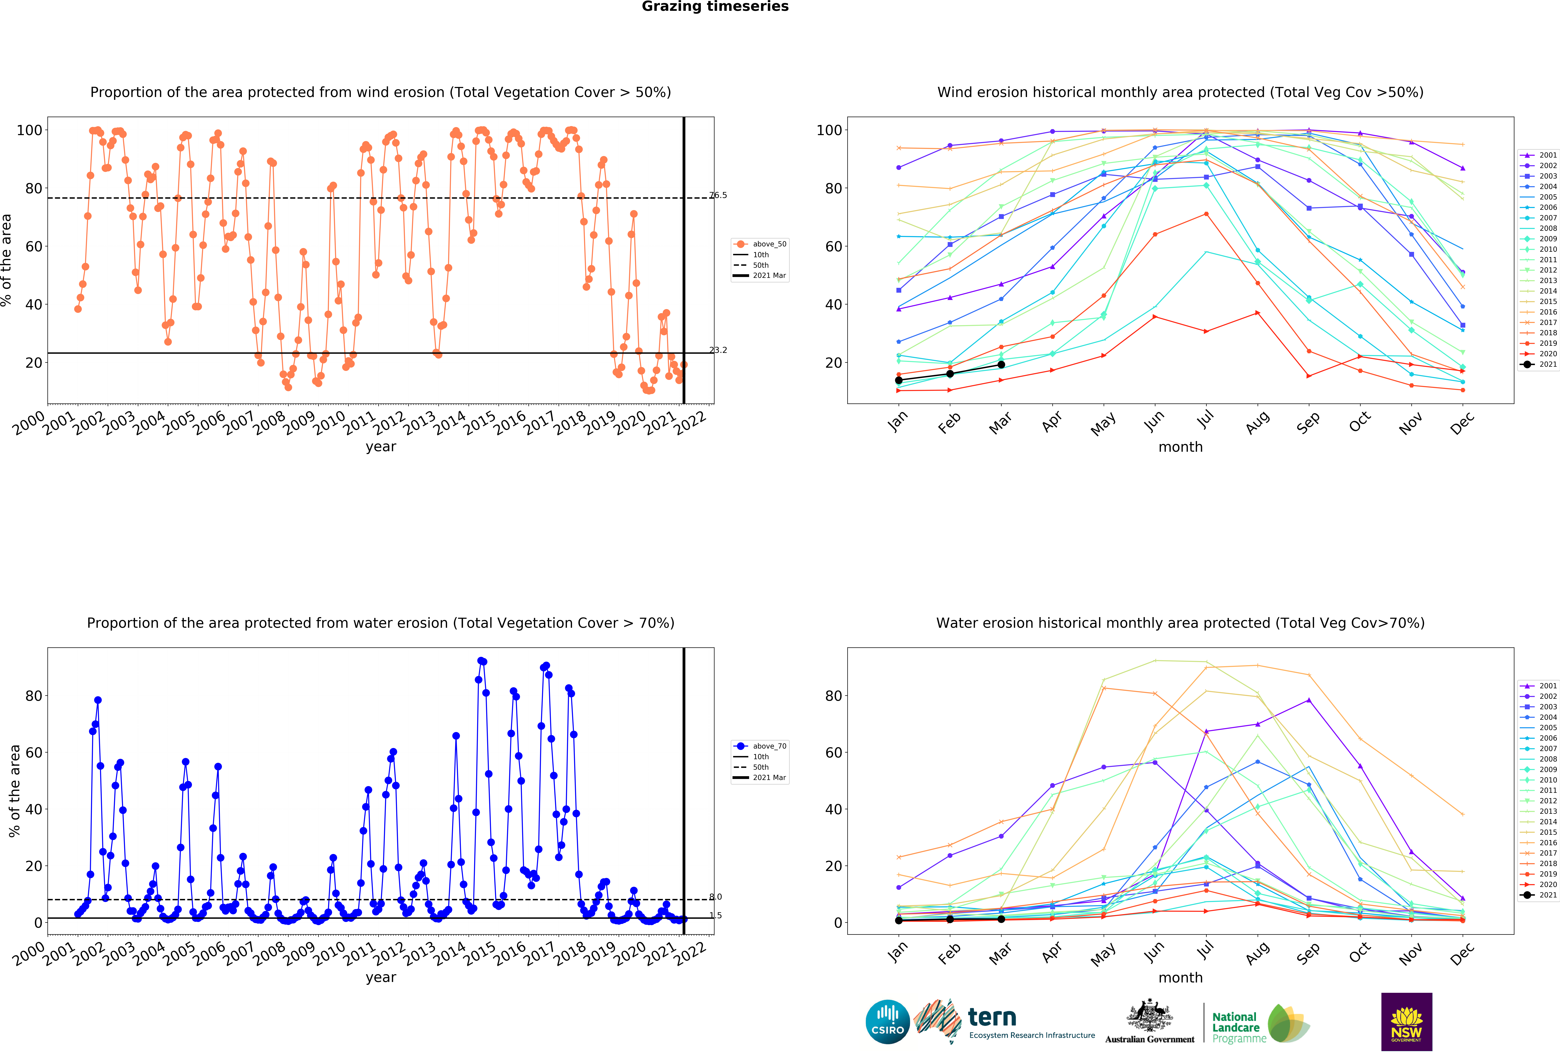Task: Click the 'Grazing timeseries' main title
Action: coord(715,7)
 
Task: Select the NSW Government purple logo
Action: coord(1406,1021)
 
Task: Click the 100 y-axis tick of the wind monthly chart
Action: coord(829,130)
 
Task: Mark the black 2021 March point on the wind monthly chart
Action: coord(1001,364)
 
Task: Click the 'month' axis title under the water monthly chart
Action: coord(1180,978)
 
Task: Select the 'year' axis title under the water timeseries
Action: coord(381,978)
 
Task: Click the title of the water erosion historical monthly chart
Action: coord(1180,623)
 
